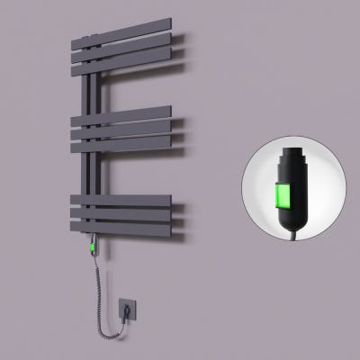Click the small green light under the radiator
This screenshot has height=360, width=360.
pyautogui.click(x=94, y=245)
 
